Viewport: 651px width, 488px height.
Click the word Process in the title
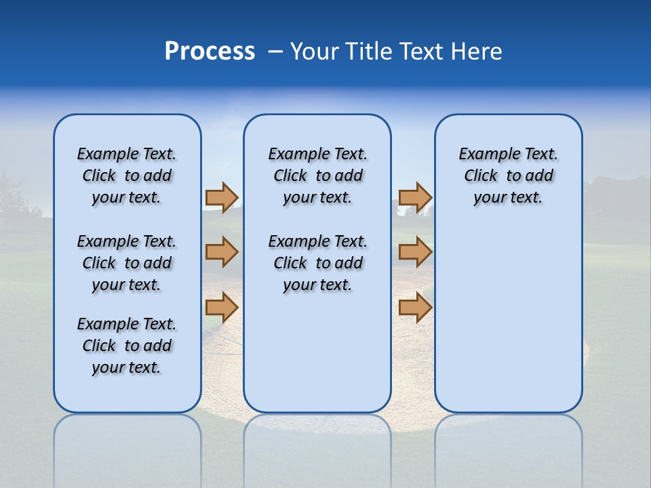click(x=210, y=52)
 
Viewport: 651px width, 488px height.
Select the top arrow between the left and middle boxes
click(x=221, y=197)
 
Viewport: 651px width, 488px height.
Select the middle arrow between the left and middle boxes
click(x=221, y=252)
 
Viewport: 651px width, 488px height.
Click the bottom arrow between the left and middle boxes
click(x=221, y=307)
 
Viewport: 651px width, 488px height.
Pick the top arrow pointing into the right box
click(x=415, y=197)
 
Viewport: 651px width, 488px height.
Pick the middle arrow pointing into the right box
click(x=415, y=252)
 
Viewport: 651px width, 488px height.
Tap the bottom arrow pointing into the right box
click(x=415, y=307)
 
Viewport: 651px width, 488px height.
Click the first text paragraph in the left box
click(x=127, y=176)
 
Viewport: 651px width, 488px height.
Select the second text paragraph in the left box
click(x=127, y=263)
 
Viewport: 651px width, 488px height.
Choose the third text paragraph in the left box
click(x=127, y=346)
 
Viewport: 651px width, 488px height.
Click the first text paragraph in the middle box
click(x=317, y=176)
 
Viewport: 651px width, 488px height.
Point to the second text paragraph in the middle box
click(x=317, y=263)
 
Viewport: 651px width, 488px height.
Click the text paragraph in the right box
click(x=508, y=176)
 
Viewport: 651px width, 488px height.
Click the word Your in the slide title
click(x=313, y=52)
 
